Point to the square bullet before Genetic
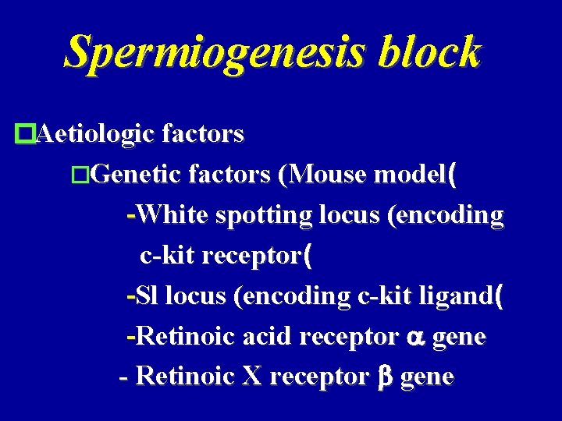click(81, 175)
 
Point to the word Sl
click(147, 295)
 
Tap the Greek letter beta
click(383, 377)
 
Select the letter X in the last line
click(252, 377)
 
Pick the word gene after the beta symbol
click(426, 378)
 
